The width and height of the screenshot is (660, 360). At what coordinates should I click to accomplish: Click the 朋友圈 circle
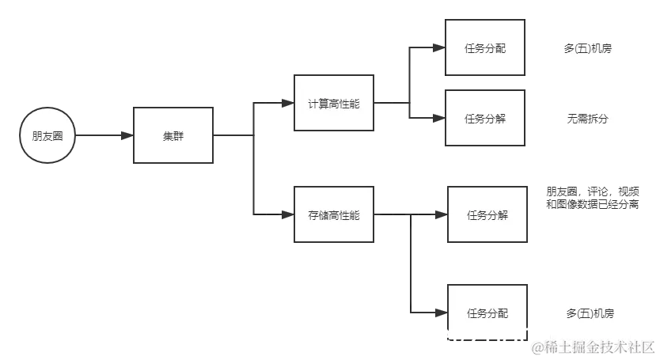(47, 136)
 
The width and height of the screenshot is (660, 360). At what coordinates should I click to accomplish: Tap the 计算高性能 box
(333, 104)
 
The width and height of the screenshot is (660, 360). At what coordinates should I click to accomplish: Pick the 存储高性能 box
(333, 214)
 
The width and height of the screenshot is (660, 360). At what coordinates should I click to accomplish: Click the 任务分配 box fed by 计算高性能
(484, 48)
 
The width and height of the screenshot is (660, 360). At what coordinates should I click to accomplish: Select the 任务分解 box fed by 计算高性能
(484, 119)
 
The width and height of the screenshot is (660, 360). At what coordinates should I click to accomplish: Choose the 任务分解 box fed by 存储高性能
(487, 214)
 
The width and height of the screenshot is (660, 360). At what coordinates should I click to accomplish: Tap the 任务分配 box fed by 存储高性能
(487, 313)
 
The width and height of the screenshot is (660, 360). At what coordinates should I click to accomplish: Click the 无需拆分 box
(588, 119)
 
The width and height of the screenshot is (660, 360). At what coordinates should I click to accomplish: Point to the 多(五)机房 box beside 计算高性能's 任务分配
(588, 48)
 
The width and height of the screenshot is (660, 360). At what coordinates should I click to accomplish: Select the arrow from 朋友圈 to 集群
(103, 136)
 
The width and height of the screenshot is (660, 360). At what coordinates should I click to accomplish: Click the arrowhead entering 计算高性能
(285, 103)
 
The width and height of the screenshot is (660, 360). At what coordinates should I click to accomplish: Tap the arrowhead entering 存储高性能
(285, 214)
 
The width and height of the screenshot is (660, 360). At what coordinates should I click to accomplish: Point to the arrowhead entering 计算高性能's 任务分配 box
(438, 48)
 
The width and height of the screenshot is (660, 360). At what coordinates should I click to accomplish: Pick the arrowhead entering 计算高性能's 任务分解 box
(438, 119)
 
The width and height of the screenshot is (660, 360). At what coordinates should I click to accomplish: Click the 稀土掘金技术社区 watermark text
(594, 347)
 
